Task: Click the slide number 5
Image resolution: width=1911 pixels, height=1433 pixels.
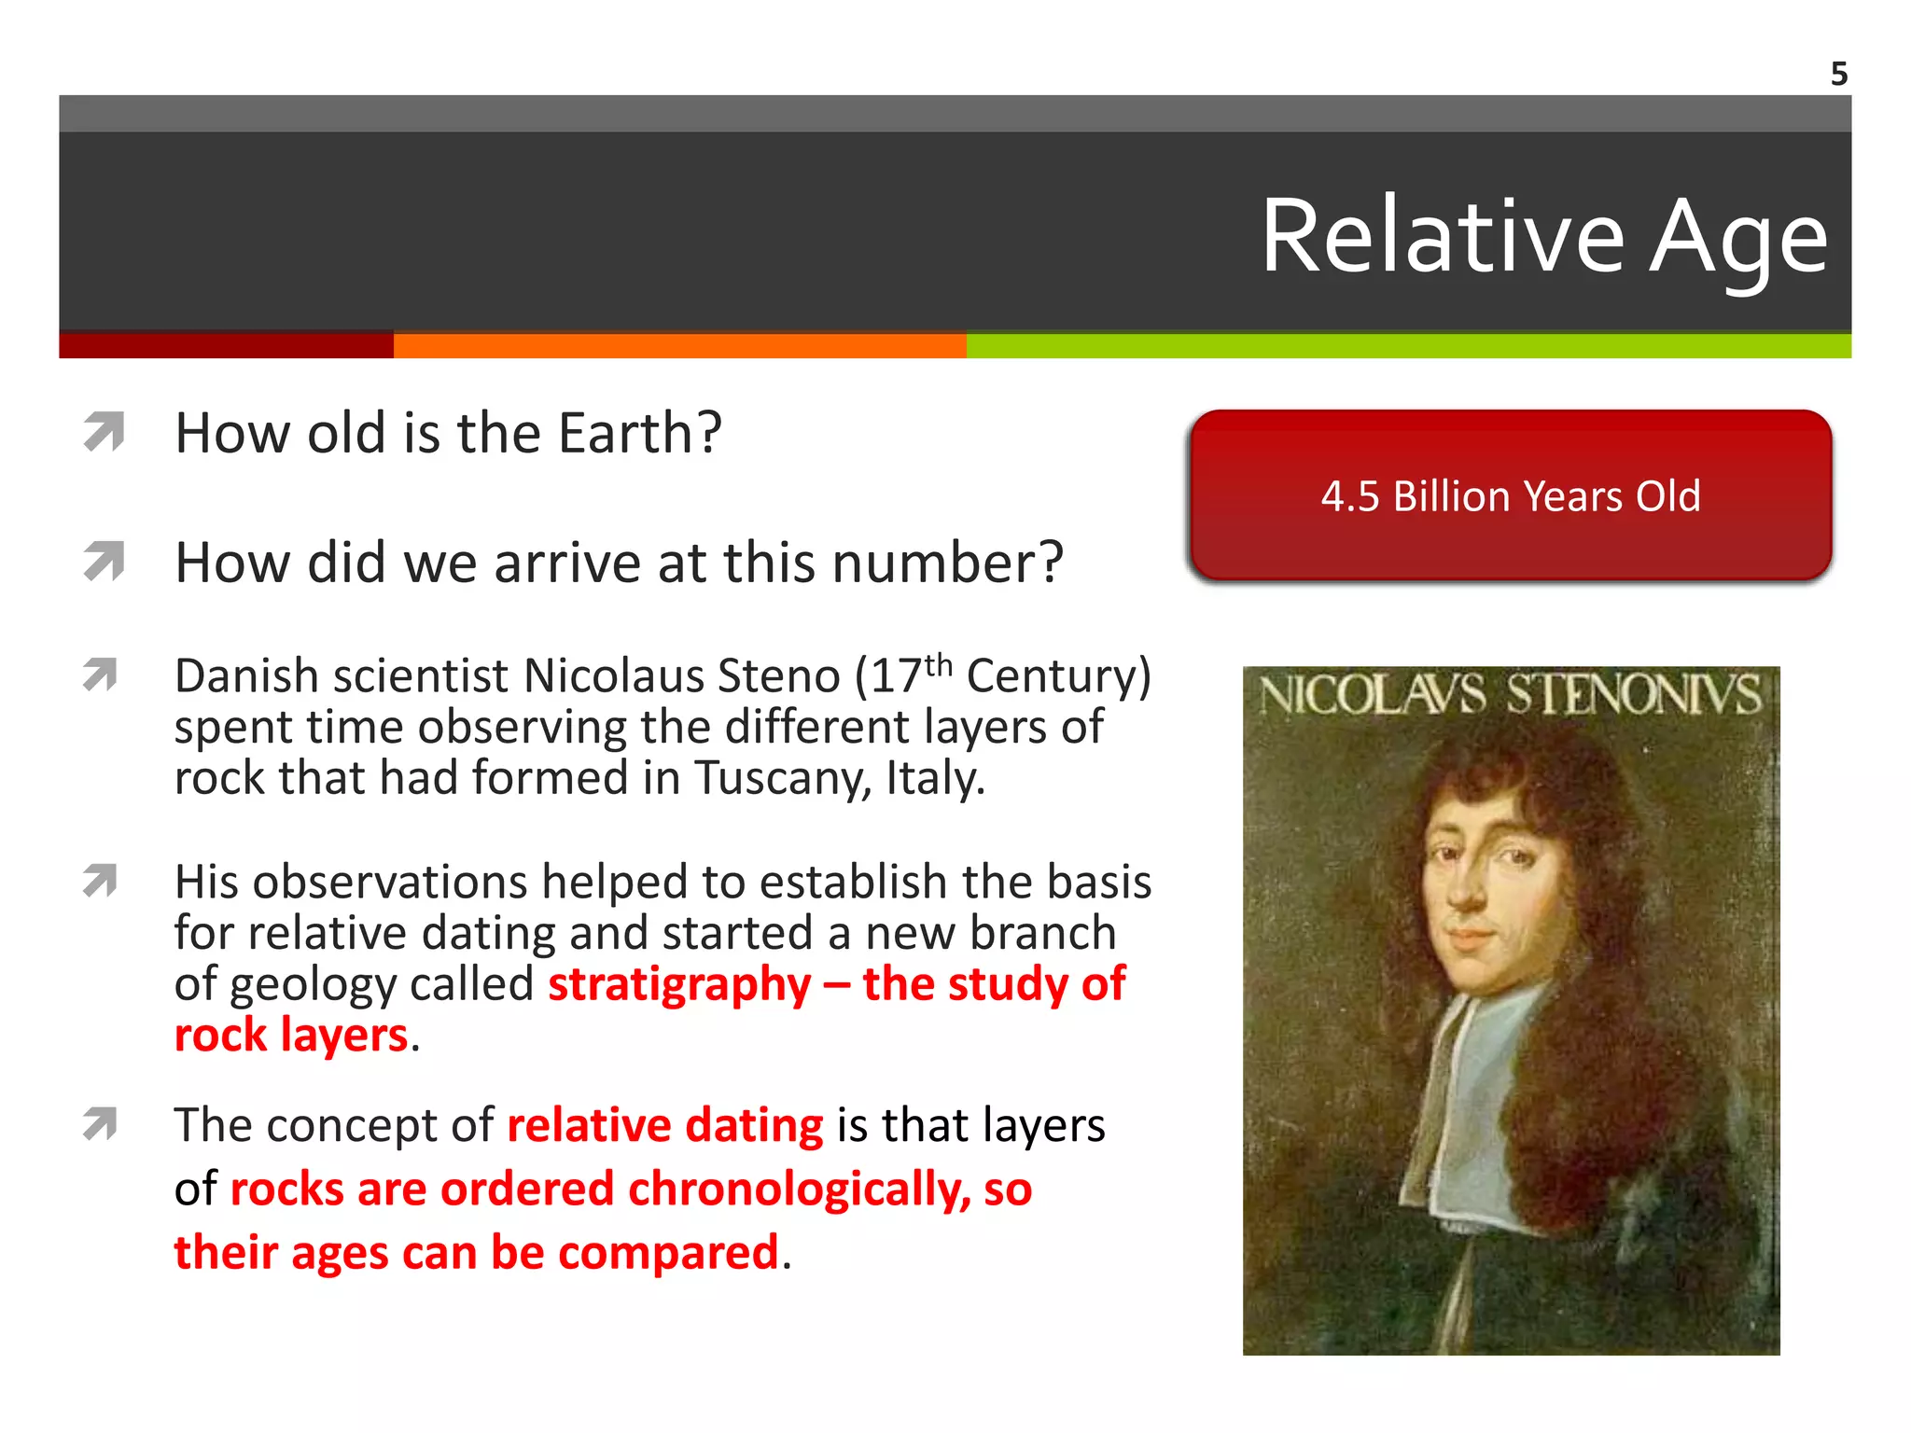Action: [x=1838, y=74]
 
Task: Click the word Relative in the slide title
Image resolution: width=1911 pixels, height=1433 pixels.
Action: [x=1443, y=237]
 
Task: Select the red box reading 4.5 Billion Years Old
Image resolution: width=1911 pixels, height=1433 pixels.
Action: [x=1511, y=495]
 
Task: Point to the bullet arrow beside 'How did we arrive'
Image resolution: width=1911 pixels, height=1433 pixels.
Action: [x=104, y=562]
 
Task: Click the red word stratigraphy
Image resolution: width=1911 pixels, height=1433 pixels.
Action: [x=679, y=985]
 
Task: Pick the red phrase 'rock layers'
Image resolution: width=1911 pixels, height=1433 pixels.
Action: [x=291, y=1036]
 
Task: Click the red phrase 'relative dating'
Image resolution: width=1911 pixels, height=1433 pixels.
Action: [x=664, y=1125]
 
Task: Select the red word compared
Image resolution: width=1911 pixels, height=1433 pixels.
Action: [x=667, y=1253]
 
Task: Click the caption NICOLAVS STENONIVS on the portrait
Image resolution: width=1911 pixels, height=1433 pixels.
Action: [x=1510, y=696]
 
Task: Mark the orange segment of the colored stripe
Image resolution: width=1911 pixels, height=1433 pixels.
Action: [x=679, y=346]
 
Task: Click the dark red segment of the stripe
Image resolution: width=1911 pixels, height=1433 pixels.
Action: [x=226, y=346]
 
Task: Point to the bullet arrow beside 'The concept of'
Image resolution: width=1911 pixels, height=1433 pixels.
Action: [x=100, y=1123]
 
